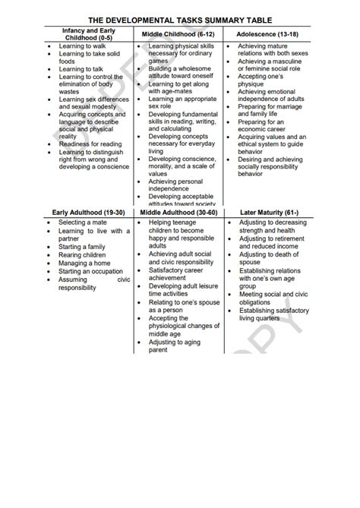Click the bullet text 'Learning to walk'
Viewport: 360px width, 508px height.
click(x=82, y=46)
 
